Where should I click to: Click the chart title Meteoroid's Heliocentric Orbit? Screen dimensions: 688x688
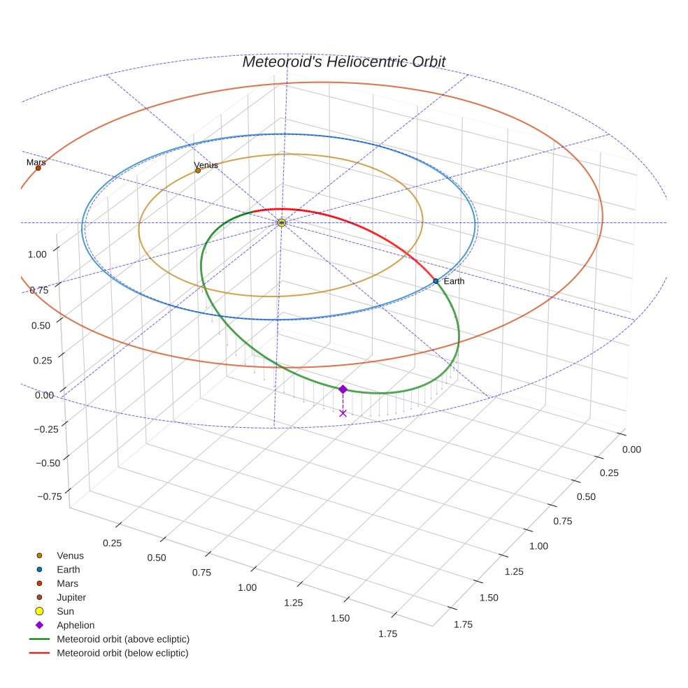coord(343,62)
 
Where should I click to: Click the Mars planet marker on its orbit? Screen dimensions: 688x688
coord(38,168)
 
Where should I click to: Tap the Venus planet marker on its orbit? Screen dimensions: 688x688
coord(198,170)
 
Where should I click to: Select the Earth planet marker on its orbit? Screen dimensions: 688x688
coord(436,281)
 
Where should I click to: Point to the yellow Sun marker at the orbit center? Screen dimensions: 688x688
coord(281,222)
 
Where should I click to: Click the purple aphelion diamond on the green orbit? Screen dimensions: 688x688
coord(343,389)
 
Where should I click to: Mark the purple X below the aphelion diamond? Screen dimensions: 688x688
coord(343,413)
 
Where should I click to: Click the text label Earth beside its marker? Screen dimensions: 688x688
coord(454,281)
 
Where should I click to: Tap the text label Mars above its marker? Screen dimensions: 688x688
coord(36,162)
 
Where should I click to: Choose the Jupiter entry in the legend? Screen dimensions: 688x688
coord(71,598)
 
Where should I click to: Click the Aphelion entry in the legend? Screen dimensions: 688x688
coord(76,626)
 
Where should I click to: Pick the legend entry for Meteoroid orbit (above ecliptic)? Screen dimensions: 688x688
coord(122,639)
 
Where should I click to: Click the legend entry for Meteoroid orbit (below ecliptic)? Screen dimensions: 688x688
coord(122,653)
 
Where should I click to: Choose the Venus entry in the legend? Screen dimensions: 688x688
coord(70,556)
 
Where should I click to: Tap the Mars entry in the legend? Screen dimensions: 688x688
coord(67,584)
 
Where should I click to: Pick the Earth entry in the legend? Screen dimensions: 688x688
coord(68,570)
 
